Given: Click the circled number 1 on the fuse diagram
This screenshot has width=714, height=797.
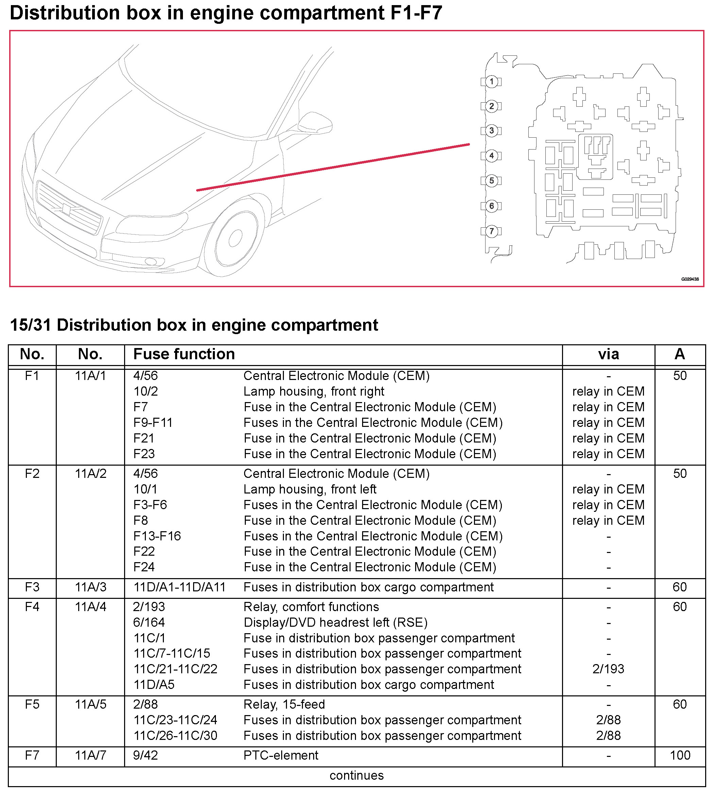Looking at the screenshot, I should (x=492, y=82).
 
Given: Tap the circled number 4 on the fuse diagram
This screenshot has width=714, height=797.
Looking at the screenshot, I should (x=492, y=156).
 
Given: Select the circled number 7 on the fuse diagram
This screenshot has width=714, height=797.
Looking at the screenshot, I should (x=492, y=231).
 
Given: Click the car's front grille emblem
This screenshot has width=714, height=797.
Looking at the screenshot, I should (x=66, y=209).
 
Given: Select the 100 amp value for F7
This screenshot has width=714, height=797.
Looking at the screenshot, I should (x=680, y=755).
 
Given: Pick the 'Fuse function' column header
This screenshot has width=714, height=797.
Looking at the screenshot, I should (x=184, y=354).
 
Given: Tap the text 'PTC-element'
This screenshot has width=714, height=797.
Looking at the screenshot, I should (x=281, y=755).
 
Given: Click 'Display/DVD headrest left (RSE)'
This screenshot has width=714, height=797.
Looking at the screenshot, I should (x=336, y=622).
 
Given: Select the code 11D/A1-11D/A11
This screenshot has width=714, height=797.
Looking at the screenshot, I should (x=179, y=587).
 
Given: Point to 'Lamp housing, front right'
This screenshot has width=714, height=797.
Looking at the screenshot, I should (x=314, y=392).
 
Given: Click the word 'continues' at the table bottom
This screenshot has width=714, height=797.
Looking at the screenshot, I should (x=357, y=776).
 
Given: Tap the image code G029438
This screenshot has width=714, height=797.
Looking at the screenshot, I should (x=690, y=279).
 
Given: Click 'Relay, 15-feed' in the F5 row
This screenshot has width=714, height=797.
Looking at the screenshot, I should (x=284, y=705).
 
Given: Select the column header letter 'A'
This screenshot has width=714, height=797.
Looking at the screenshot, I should (x=680, y=354).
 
